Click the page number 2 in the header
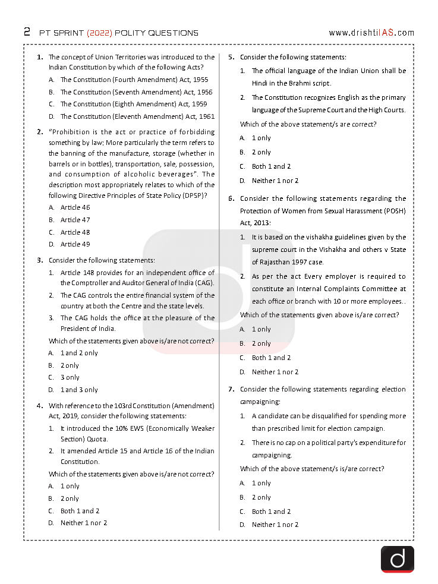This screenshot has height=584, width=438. click(x=27, y=32)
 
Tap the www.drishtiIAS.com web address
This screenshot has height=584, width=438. click(x=371, y=33)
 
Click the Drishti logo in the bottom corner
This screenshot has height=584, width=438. click(x=397, y=559)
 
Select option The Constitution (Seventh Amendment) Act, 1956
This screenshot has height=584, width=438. click(x=136, y=92)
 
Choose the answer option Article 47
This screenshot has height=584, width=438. click(x=75, y=220)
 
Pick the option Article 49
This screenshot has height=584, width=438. click(x=75, y=244)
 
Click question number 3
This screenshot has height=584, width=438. click(x=40, y=260)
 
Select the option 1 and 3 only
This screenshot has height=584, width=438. click(x=79, y=390)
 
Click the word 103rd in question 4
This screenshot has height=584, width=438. click(x=123, y=406)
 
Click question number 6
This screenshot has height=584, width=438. click(x=231, y=198)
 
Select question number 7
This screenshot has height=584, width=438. click(x=231, y=389)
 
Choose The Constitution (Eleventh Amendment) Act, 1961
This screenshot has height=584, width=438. click(x=137, y=116)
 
